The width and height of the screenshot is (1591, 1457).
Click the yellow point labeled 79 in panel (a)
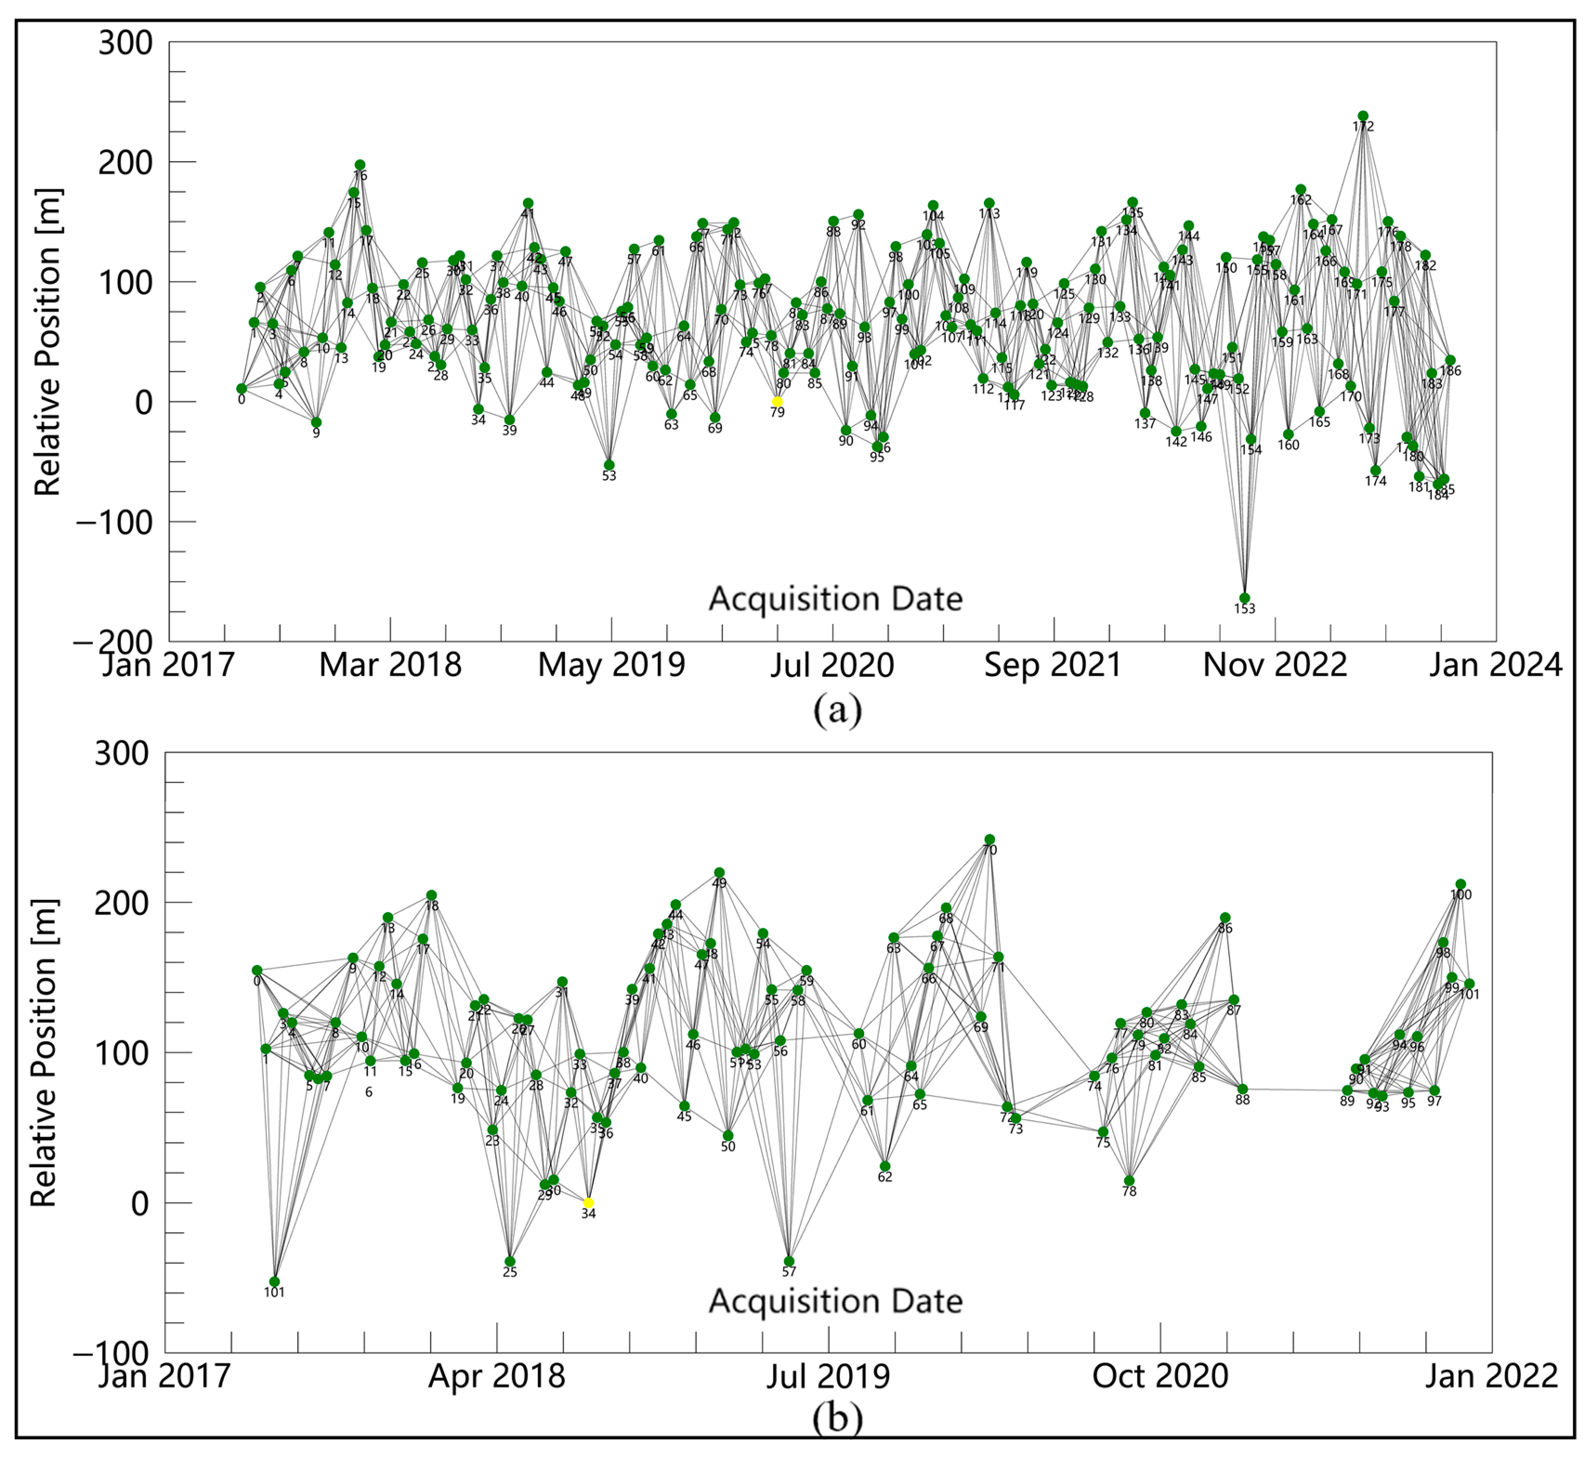(777, 402)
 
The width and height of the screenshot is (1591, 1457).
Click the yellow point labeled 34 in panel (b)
(588, 1203)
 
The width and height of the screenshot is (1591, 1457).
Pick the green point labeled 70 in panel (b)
(989, 840)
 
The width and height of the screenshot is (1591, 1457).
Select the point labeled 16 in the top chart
(360, 165)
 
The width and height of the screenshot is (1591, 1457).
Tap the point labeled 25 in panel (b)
(510, 1262)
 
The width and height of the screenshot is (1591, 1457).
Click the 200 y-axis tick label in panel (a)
(124, 163)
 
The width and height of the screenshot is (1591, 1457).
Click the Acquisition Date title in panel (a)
(835, 599)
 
